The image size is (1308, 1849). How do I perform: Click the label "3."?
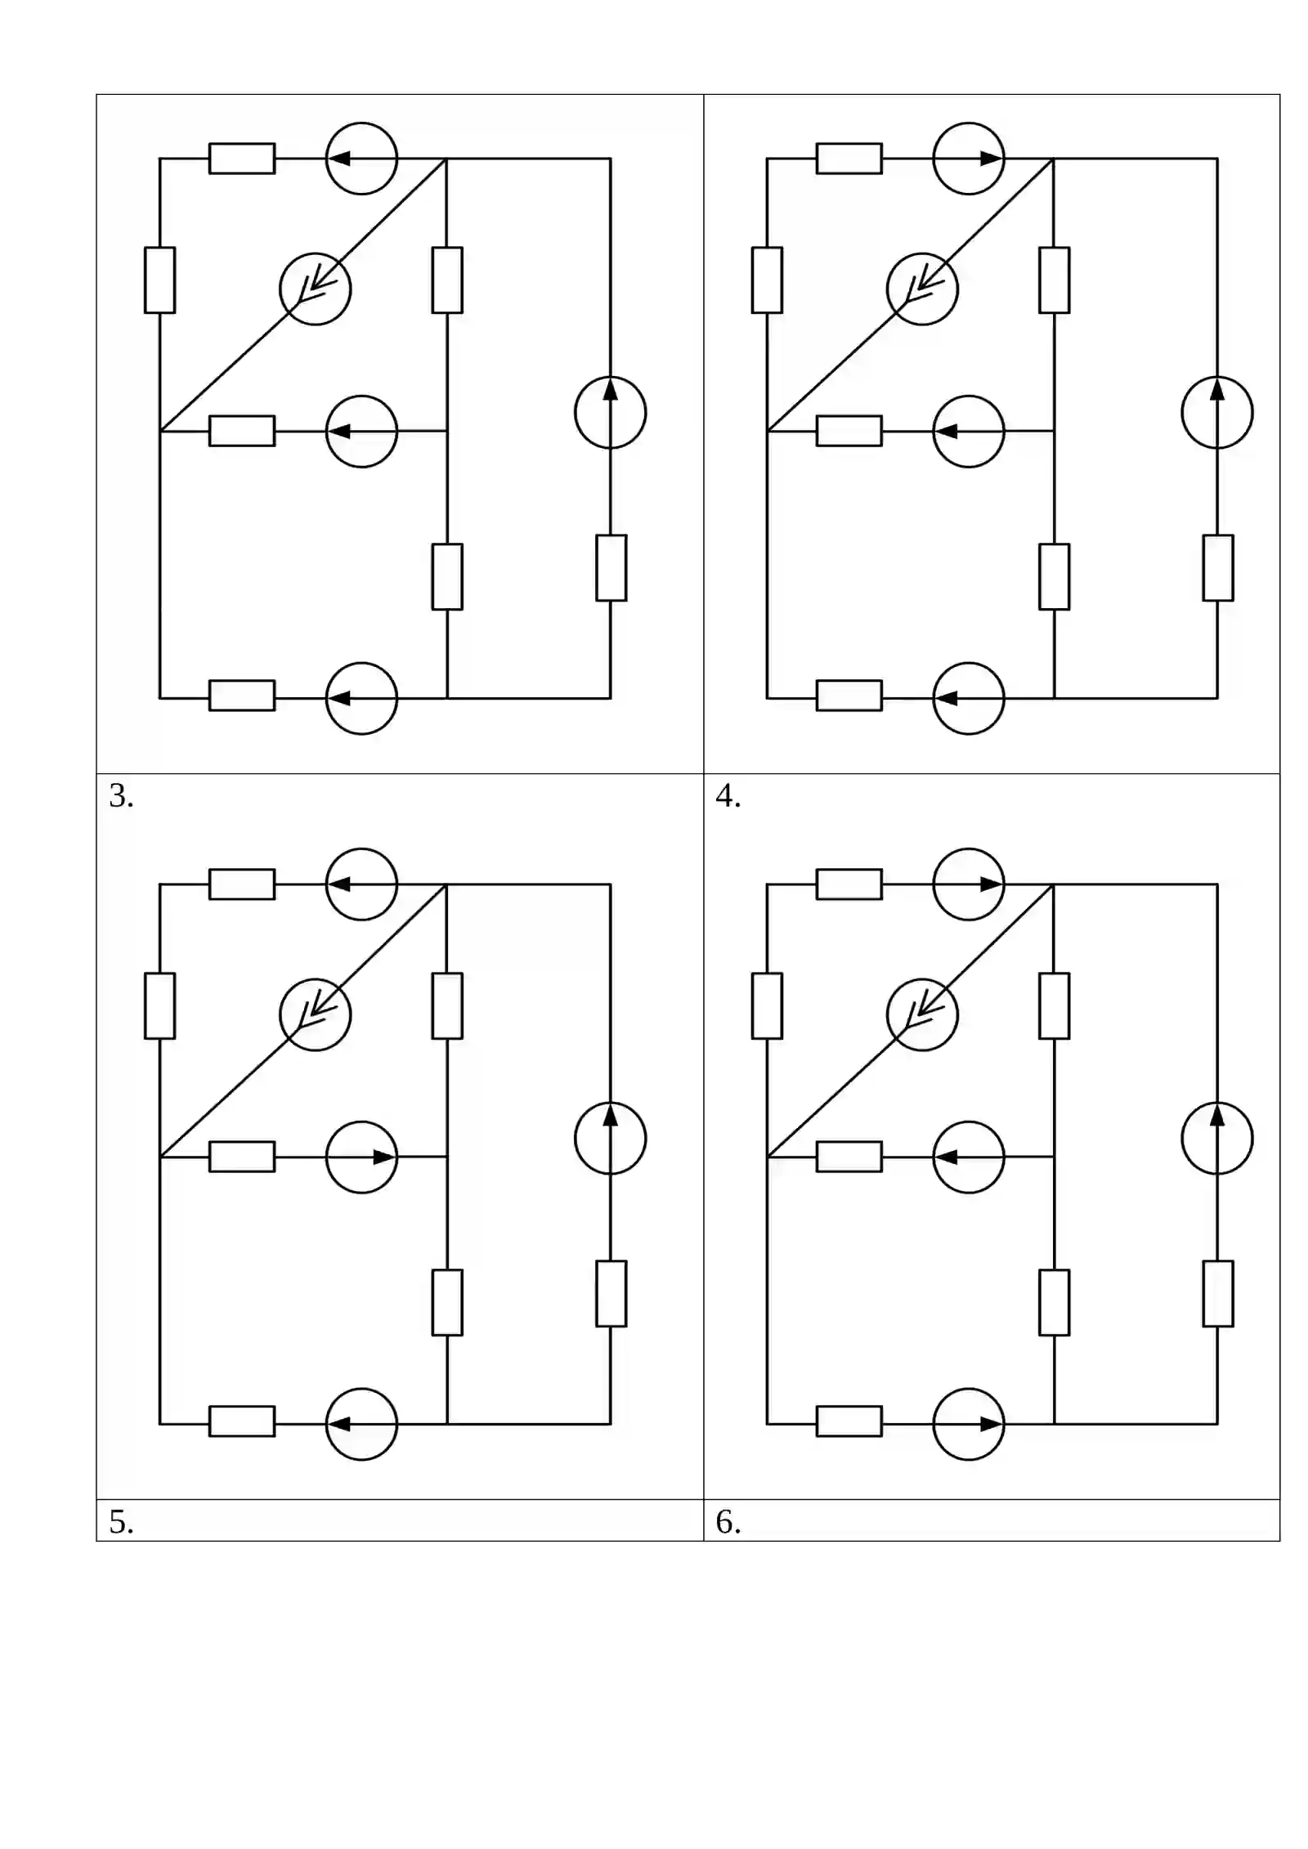click(x=121, y=796)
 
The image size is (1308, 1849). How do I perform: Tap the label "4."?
click(x=728, y=796)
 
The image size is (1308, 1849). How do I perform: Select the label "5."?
click(x=121, y=1522)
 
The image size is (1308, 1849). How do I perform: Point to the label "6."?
click(x=728, y=1522)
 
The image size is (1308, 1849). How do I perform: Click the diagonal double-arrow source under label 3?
click(x=316, y=1014)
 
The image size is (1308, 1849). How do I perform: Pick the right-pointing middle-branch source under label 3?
click(x=361, y=1157)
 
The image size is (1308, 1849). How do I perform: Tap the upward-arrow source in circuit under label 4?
click(x=1217, y=1138)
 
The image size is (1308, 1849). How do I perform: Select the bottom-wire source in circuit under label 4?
click(x=969, y=1424)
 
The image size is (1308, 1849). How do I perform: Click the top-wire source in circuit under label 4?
click(x=969, y=884)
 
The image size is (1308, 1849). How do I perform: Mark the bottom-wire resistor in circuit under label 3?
click(x=242, y=1421)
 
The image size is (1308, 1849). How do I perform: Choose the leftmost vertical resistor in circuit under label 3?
click(x=159, y=1005)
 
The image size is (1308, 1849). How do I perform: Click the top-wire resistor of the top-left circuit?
click(x=242, y=159)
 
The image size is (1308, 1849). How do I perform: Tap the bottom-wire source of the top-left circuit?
click(x=361, y=698)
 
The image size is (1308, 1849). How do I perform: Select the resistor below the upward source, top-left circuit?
click(x=611, y=568)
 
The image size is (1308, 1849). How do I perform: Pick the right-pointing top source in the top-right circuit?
click(x=969, y=159)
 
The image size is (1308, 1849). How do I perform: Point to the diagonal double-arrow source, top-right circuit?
click(x=922, y=289)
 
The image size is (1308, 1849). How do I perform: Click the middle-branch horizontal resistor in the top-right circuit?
click(x=849, y=431)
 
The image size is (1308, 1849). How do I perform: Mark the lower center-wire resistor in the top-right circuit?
click(x=1055, y=576)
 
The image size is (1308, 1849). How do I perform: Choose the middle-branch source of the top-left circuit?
click(x=361, y=432)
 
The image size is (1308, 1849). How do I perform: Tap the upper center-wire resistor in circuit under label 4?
click(x=1055, y=1005)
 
